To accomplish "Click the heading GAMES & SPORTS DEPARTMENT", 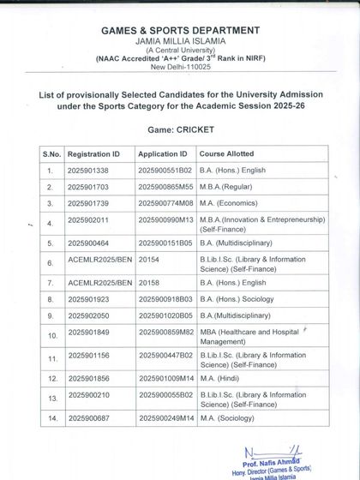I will click(180, 30).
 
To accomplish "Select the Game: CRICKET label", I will click(180, 131).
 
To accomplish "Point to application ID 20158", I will click(148, 281).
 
